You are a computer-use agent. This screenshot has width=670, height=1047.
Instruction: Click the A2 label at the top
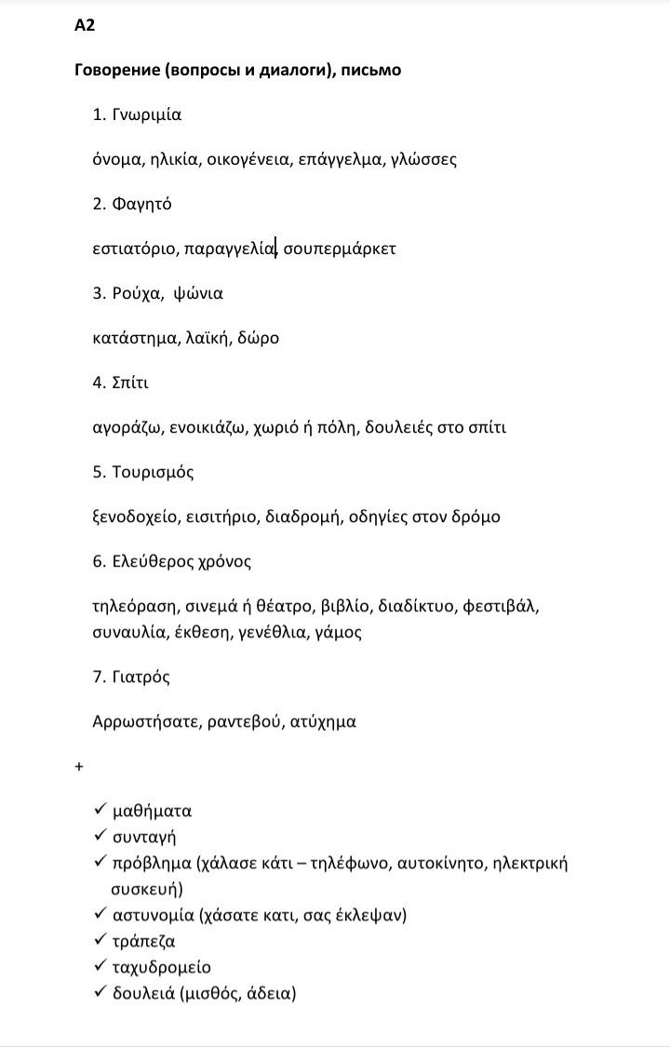[84, 25]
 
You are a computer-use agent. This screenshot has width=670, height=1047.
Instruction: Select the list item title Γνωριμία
[146, 115]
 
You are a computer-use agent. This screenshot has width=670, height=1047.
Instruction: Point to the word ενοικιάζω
[211, 427]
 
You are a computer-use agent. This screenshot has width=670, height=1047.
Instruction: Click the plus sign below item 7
[79, 766]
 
